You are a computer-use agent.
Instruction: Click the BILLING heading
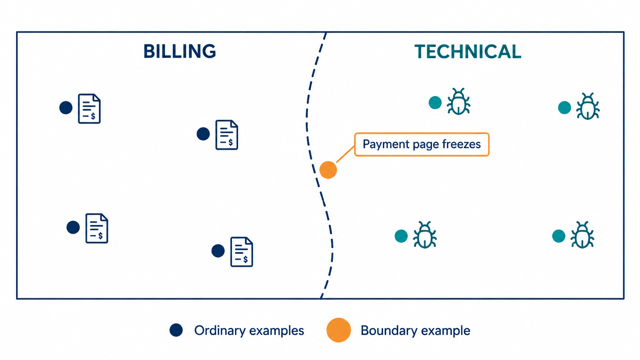click(x=180, y=51)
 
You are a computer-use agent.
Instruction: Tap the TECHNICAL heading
click(x=468, y=52)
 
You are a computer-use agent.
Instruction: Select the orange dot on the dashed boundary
click(x=328, y=170)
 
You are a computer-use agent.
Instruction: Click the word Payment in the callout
click(x=386, y=144)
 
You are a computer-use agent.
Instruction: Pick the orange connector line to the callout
click(x=345, y=155)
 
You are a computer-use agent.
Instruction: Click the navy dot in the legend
click(x=176, y=330)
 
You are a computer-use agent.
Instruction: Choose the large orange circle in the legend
click(x=339, y=330)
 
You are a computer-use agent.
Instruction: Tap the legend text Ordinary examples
click(x=249, y=331)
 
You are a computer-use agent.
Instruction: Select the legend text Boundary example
click(x=415, y=331)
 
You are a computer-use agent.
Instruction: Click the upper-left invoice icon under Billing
click(x=90, y=109)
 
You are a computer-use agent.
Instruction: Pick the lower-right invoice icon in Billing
click(x=242, y=252)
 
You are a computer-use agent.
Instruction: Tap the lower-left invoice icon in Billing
click(x=97, y=228)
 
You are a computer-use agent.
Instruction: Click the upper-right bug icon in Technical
click(x=588, y=106)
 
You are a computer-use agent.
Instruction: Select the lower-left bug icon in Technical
click(x=425, y=235)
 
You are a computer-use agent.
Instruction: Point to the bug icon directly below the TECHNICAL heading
click(x=459, y=101)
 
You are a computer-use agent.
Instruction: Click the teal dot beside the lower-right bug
click(x=558, y=236)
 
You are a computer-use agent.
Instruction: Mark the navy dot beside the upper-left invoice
click(x=66, y=108)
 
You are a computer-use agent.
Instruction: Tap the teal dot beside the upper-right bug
click(x=564, y=108)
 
